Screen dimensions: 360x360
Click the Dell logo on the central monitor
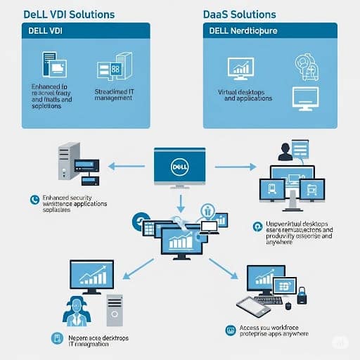coord(179,167)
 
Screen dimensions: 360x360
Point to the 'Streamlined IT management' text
coord(112,94)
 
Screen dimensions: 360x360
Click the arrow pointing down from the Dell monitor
coord(180,205)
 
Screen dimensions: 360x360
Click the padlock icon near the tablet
coord(302,297)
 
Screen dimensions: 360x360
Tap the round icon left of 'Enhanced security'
coord(33,200)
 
